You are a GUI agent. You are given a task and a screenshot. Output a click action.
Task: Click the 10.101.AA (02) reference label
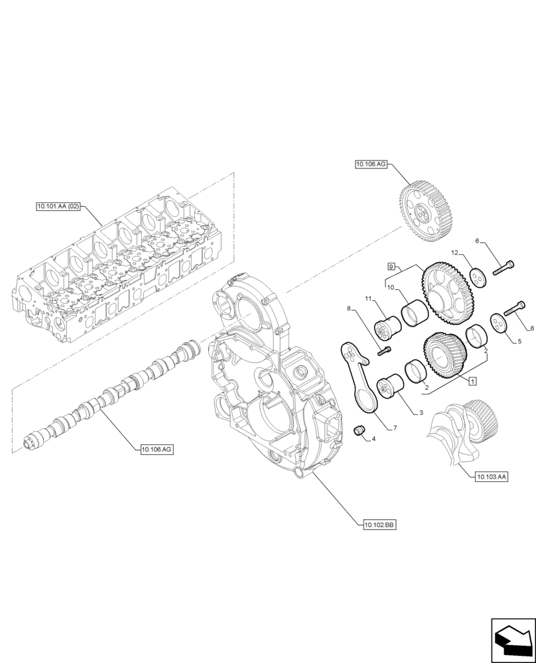tap(59, 207)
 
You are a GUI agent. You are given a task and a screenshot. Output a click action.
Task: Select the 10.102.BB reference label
tap(379, 524)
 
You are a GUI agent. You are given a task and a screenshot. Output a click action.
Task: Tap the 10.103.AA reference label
tap(492, 477)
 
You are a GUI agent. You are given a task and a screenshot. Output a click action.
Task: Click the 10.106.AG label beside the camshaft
tap(157, 450)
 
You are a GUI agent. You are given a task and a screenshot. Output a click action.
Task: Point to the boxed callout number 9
tap(391, 266)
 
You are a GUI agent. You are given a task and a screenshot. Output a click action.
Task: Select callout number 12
tap(455, 253)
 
